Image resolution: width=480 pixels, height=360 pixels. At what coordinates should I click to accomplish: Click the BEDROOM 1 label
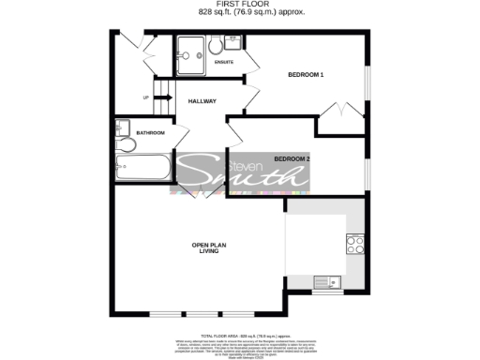tap(305, 75)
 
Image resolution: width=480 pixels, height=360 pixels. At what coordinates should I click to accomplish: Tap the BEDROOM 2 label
tap(292, 158)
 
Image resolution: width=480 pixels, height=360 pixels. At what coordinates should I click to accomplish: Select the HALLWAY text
tap(202, 101)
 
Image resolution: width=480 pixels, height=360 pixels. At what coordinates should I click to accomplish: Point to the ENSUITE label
tap(223, 63)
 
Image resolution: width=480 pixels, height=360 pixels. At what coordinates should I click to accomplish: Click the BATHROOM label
tap(150, 133)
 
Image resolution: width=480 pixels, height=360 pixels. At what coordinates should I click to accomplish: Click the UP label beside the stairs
tap(145, 97)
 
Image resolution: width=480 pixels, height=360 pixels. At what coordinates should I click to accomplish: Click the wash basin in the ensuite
tap(232, 44)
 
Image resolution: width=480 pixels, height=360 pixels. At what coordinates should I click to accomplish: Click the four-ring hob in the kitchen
tap(355, 244)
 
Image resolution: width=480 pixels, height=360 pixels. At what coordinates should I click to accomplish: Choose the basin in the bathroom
tap(121, 127)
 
